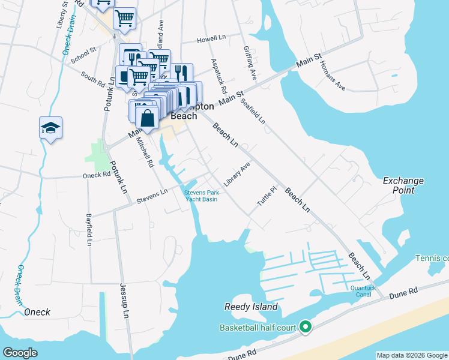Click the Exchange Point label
[x=403, y=185]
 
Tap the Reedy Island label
[x=251, y=307]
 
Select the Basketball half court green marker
[x=306, y=327]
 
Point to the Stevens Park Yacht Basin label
[x=200, y=196]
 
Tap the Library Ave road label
[x=237, y=173]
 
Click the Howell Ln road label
[x=212, y=39]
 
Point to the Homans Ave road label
[x=332, y=76]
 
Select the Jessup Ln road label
[x=124, y=300]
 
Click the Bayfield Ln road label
[x=89, y=230]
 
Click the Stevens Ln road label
[x=152, y=196]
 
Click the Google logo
[x=20, y=353]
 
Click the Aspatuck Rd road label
[x=218, y=75]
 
